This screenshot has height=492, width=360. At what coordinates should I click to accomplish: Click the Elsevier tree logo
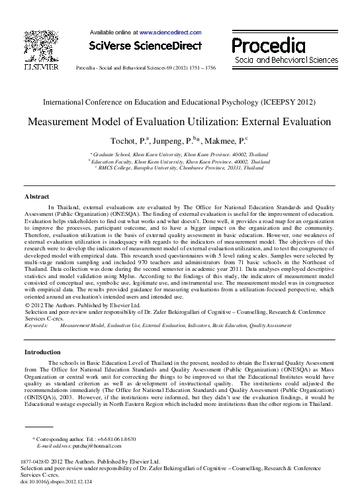(x=41, y=46)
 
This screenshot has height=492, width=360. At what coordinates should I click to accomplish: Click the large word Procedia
(x=268, y=46)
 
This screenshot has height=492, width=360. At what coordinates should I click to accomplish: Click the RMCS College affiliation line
(x=180, y=168)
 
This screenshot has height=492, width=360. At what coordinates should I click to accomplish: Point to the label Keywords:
(x=36, y=326)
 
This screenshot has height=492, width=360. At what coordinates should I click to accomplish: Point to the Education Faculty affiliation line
(x=180, y=161)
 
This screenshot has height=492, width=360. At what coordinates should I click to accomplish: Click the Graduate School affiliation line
(x=180, y=154)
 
